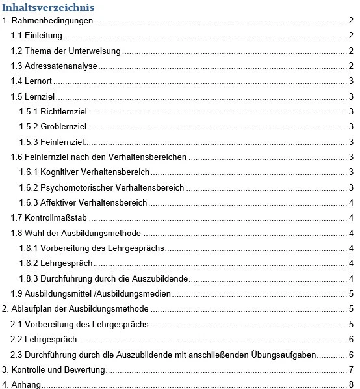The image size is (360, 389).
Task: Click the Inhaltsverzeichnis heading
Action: pos(49,7)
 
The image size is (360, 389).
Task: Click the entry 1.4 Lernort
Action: pos(32,81)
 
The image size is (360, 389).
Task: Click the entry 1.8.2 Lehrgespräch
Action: pos(56,263)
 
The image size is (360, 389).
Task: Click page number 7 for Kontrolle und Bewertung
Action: pos(350,370)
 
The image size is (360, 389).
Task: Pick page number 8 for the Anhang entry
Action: pos(350,384)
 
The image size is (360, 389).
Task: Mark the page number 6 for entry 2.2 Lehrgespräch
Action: pos(350,340)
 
